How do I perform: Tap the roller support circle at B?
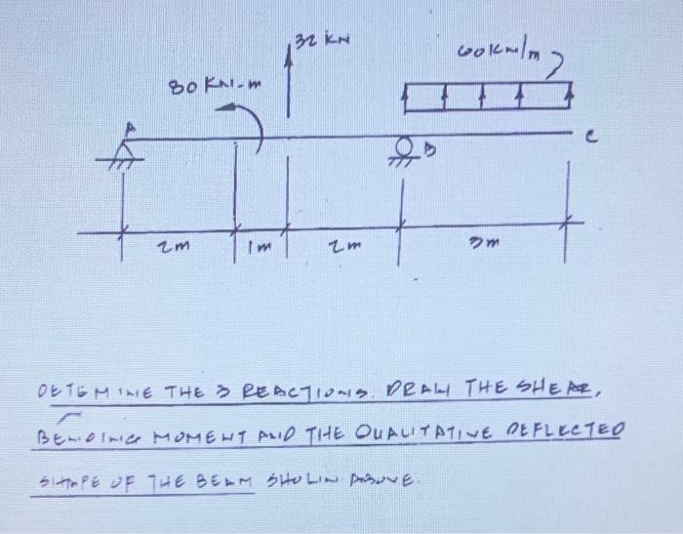point(400,146)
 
